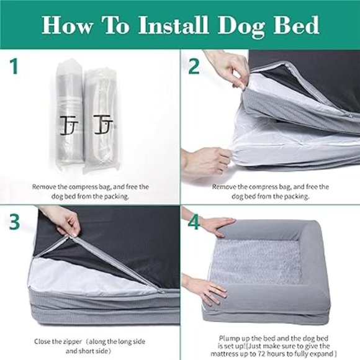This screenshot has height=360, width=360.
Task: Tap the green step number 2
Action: click(x=194, y=65)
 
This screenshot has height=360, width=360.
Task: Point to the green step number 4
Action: click(x=194, y=222)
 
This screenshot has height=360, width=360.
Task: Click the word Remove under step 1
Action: click(x=45, y=186)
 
